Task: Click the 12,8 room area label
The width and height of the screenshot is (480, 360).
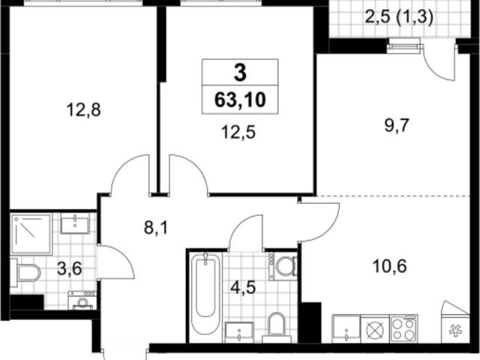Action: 83,109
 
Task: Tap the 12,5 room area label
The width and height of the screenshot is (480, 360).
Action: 238,133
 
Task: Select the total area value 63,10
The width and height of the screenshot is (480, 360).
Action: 240,100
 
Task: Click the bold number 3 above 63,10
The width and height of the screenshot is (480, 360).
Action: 240,73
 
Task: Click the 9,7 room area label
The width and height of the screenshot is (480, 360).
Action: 397,125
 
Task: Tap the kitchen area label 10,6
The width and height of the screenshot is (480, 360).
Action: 390,266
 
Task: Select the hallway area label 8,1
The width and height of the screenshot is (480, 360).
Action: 156,227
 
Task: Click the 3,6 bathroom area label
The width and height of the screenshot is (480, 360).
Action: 70,268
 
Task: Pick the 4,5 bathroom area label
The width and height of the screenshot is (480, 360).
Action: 243,287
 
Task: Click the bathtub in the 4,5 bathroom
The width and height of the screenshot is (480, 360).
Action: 205,297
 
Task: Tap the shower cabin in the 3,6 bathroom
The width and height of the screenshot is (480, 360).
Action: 31,234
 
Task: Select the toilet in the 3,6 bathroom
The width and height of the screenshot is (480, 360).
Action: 25,273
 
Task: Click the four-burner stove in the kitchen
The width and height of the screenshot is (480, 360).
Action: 403,328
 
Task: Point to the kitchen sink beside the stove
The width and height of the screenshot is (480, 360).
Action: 346,328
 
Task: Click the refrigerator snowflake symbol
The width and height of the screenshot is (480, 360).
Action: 455,331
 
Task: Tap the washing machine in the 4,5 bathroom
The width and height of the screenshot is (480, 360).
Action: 283,265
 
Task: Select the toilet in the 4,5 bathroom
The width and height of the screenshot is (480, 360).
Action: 277,327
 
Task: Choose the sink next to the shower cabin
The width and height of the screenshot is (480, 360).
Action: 75,223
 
